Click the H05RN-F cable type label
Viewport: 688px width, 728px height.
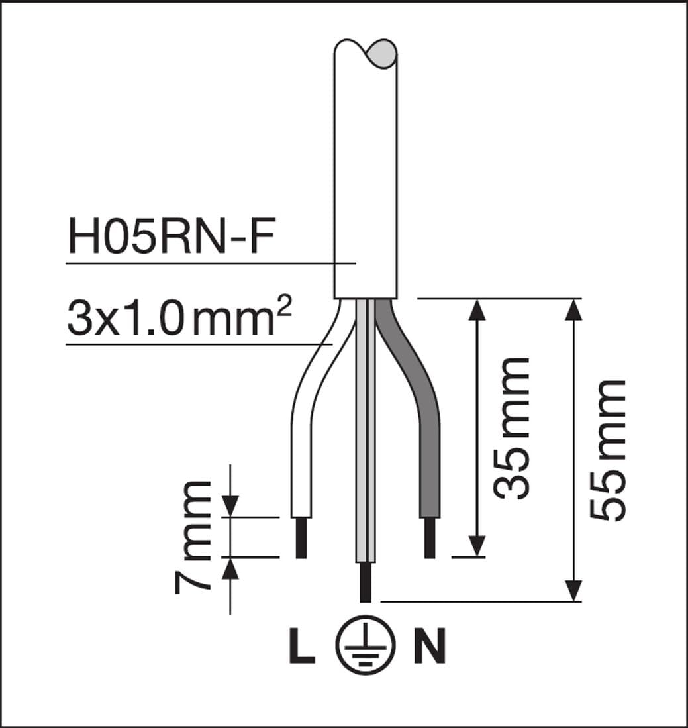click(x=172, y=236)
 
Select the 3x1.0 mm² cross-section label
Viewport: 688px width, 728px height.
click(x=179, y=317)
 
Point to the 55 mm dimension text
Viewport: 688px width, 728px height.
click(x=608, y=450)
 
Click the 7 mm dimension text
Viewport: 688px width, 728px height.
click(x=193, y=537)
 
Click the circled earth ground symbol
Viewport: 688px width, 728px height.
click(x=366, y=645)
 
